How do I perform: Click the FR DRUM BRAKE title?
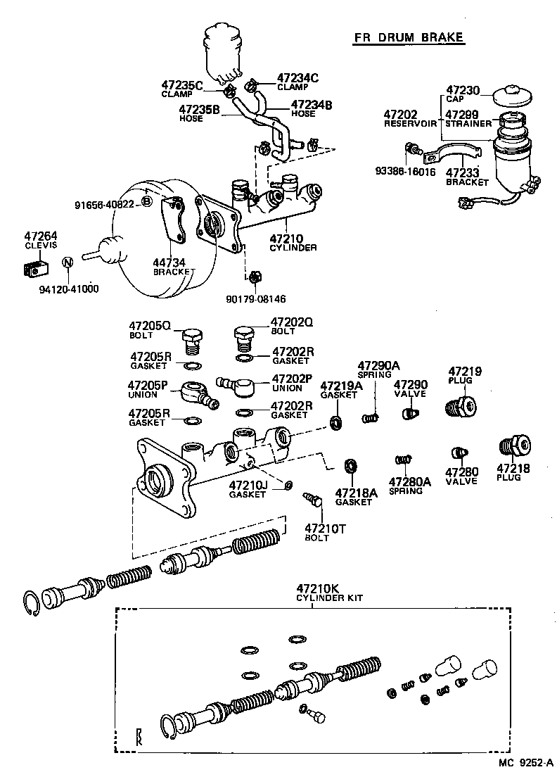(x=408, y=37)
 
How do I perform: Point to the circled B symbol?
(x=146, y=203)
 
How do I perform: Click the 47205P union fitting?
(x=199, y=394)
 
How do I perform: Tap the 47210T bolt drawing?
(x=311, y=500)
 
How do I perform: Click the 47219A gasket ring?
(x=336, y=422)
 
